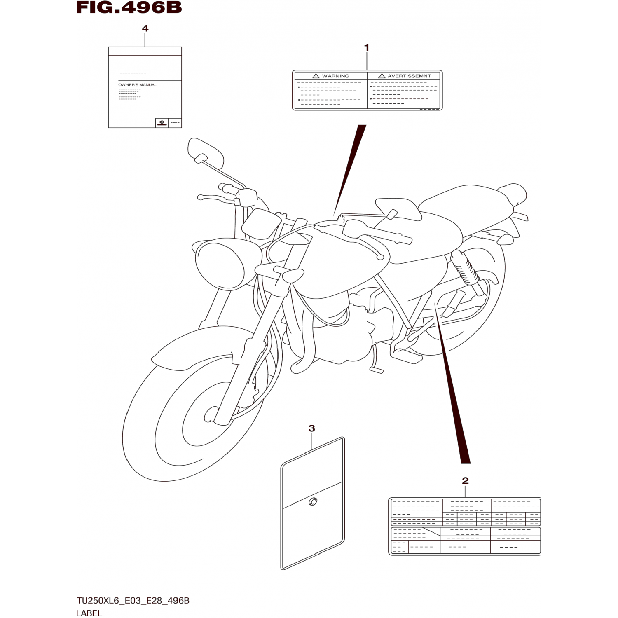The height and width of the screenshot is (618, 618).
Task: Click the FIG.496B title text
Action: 129,8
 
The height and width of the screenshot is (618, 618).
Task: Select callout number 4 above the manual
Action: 145,28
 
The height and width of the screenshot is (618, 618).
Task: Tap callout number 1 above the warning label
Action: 367,48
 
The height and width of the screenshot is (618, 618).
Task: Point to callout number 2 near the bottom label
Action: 465,480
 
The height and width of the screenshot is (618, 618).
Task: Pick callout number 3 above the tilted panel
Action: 311,428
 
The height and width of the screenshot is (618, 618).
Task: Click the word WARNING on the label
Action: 335,76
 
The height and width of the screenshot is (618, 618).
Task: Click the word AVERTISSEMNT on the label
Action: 409,76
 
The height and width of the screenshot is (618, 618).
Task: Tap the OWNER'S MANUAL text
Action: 137,85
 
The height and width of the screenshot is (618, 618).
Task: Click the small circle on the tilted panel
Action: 313,501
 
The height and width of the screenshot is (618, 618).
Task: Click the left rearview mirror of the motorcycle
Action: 205,151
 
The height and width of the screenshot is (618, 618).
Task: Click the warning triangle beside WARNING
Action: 316,76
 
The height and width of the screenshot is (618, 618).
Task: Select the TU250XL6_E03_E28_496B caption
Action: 133,601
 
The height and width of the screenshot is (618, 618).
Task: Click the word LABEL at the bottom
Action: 89,613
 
